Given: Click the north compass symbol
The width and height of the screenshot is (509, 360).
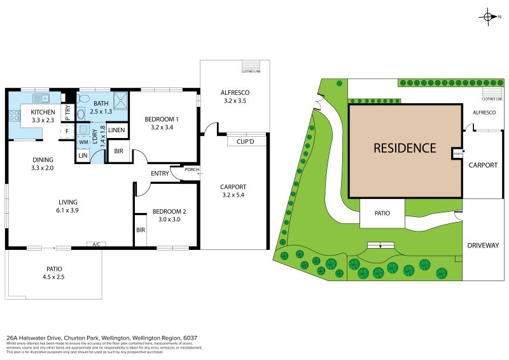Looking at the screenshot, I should [489, 17].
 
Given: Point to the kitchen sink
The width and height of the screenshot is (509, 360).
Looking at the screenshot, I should [41, 98].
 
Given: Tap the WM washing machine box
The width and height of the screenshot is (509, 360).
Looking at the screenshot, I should [83, 142].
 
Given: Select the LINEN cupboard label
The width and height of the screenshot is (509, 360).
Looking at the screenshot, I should [116, 130].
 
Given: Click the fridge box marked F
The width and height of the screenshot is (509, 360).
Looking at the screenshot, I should [67, 132].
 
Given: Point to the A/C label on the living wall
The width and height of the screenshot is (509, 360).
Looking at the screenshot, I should [96, 244].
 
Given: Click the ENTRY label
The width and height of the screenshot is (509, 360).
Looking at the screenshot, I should [160, 174].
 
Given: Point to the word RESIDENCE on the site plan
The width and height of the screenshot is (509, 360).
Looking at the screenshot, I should [405, 148].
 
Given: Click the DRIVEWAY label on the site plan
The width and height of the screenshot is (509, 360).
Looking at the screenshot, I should [483, 246].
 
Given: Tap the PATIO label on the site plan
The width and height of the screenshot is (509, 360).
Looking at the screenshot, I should [382, 214].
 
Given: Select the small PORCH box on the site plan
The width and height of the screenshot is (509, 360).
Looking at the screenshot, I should [457, 153].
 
